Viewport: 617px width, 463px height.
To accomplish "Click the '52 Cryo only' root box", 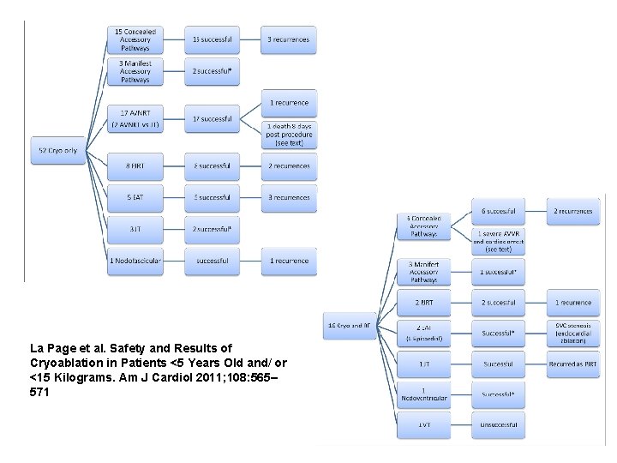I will (58, 151).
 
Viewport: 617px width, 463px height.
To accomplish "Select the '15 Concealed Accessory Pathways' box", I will (135, 39).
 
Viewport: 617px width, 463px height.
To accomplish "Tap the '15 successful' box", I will (212, 39).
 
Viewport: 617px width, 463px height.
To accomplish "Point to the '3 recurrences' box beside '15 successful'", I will (289, 39).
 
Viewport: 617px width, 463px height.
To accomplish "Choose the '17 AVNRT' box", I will (135, 119).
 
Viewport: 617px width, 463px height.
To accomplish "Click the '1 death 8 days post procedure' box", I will (289, 135).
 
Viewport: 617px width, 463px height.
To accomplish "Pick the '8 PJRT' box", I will (135, 166).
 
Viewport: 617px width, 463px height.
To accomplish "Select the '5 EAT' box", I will (135, 198).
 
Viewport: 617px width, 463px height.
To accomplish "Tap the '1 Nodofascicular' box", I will (135, 261).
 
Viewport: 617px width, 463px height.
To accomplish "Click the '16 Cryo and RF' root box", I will (350, 325).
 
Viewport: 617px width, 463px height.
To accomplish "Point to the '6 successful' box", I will (498, 211).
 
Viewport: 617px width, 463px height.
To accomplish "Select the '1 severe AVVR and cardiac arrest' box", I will (498, 241).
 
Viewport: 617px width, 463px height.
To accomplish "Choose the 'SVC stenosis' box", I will (573, 333).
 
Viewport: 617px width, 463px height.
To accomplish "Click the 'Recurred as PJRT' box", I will (573, 364).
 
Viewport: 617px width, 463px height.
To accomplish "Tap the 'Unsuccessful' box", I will (498, 425).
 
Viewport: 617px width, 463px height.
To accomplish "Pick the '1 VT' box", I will (423, 425).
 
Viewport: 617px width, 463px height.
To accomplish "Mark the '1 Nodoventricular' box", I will (423, 394).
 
